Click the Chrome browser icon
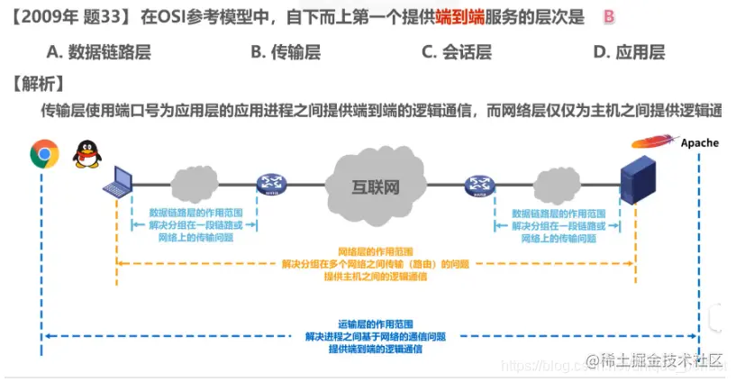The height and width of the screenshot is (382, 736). coord(44,154)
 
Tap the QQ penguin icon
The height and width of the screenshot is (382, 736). coord(86,153)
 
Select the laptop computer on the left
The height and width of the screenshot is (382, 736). coord(117,182)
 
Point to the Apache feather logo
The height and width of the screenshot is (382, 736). coord(653,141)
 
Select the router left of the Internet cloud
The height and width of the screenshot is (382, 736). coord(269,185)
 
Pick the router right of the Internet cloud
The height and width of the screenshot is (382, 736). coord(479,186)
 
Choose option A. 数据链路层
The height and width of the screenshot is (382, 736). coord(98,51)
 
